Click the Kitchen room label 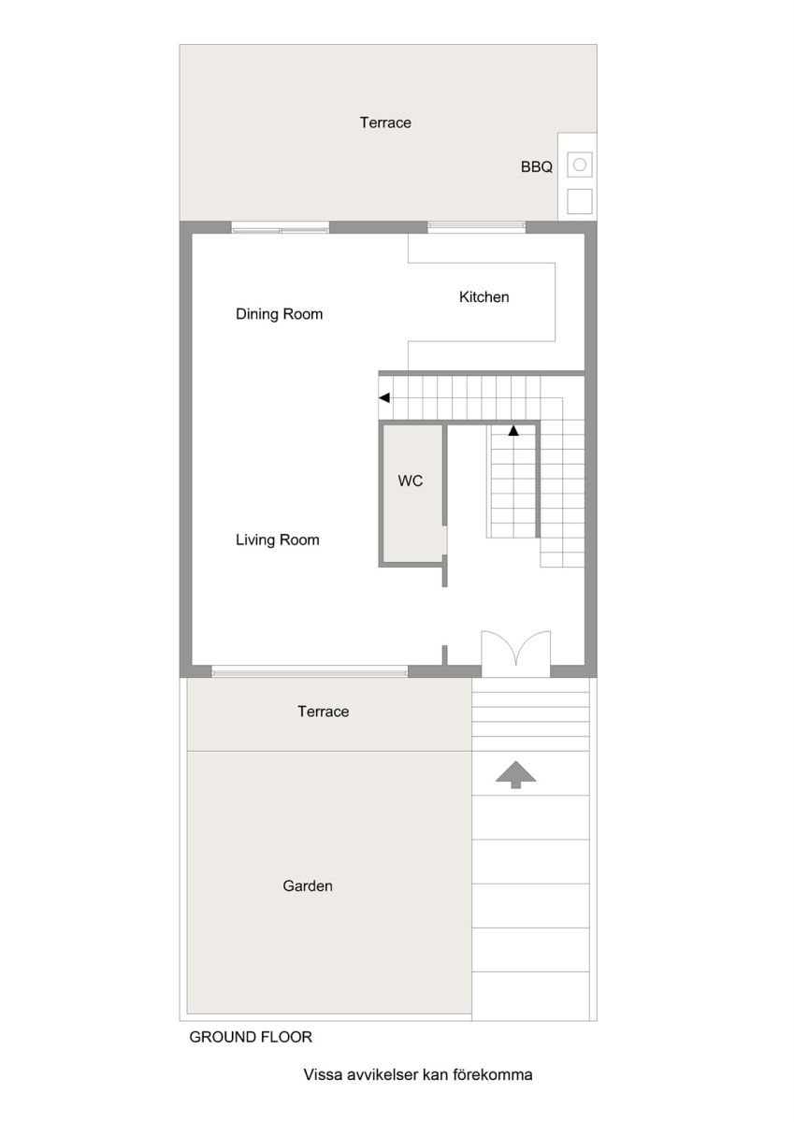484,297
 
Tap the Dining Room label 279,314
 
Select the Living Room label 278,540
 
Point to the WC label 411,481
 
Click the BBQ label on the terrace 537,166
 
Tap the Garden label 308,886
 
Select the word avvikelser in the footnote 384,1075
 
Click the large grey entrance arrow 515,775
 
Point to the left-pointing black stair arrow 384,398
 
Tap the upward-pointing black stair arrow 513,430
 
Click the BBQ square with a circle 580,165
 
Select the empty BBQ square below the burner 580,201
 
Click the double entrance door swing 516,650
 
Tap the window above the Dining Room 281,228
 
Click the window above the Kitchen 476,228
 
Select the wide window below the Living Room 310,671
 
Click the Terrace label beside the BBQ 385,122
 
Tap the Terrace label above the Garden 323,712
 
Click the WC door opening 445,540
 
